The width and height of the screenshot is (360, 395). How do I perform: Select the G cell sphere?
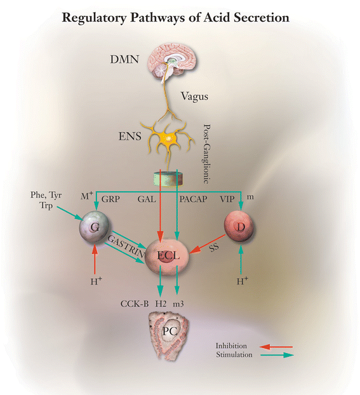tap(93, 227)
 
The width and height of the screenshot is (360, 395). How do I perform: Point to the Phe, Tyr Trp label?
tap(46, 198)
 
